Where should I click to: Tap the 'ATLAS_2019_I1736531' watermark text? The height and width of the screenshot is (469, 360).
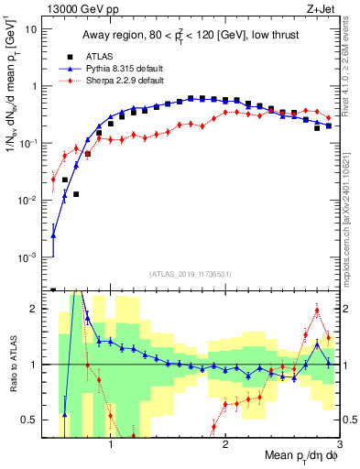[x=190, y=274]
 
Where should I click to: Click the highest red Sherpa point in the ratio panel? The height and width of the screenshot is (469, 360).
[x=317, y=311]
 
